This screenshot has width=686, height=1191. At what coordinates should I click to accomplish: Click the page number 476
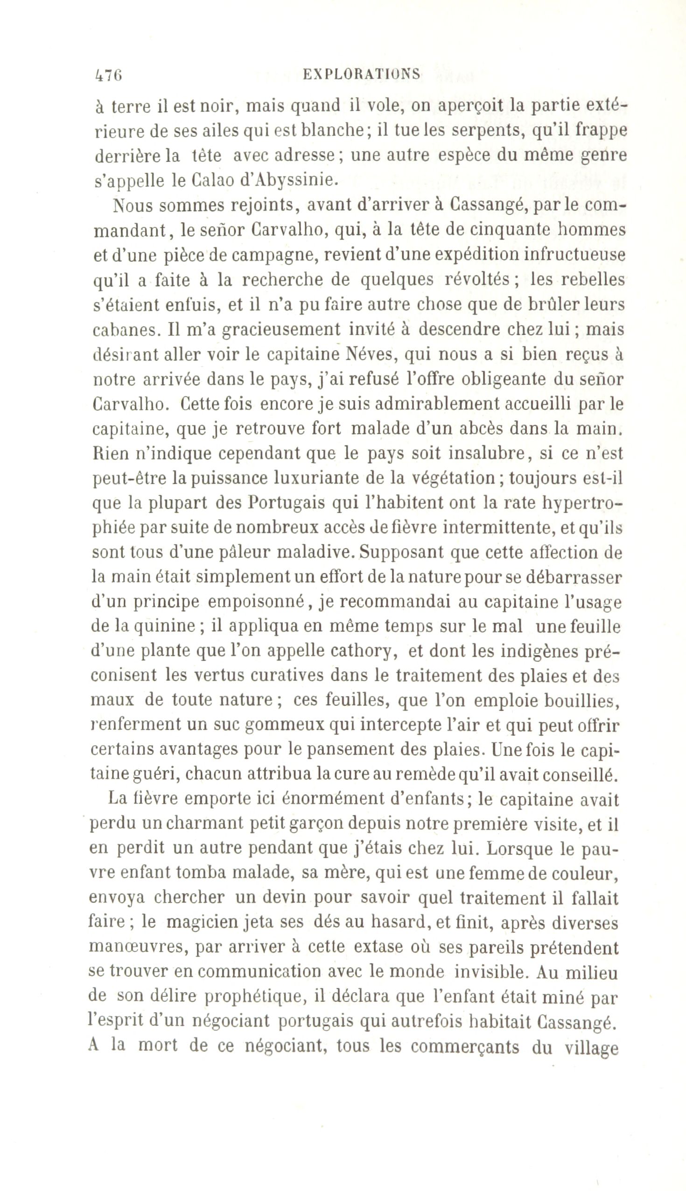tap(108, 76)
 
